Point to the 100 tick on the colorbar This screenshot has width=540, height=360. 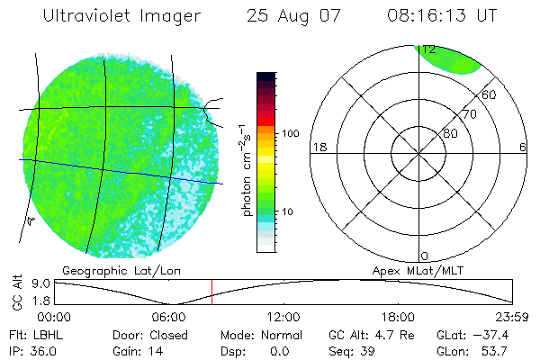[x=290, y=133]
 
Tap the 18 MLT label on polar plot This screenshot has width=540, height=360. [x=318, y=147]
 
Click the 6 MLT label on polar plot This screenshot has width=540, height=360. [x=523, y=147]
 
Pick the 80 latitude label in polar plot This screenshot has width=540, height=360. [x=450, y=133]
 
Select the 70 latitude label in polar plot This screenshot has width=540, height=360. [x=468, y=115]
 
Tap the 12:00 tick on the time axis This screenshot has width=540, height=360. [x=283, y=317]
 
